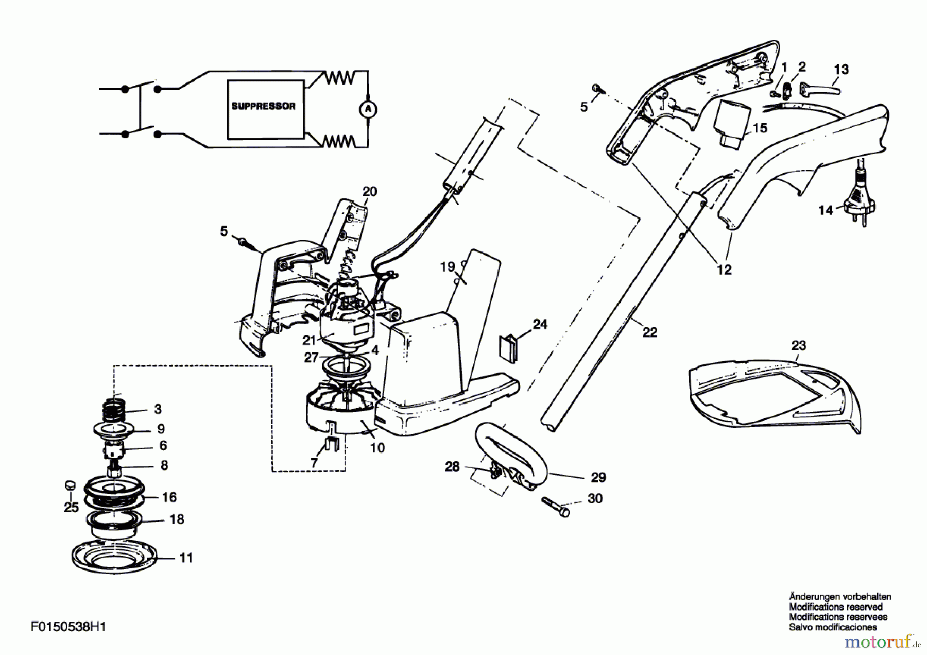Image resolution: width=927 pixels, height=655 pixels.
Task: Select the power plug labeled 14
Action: tap(857, 198)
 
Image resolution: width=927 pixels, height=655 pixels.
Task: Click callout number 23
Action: tap(799, 345)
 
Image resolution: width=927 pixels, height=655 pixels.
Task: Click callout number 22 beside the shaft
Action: tap(650, 332)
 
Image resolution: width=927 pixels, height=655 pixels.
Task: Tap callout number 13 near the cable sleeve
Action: tap(841, 69)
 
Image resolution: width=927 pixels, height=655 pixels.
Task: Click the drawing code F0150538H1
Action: tap(68, 627)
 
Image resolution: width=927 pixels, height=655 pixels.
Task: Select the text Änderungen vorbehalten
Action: tap(840, 597)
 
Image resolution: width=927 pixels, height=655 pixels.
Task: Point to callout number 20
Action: tap(370, 192)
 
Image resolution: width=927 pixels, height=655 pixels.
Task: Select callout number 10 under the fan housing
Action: tap(377, 448)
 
